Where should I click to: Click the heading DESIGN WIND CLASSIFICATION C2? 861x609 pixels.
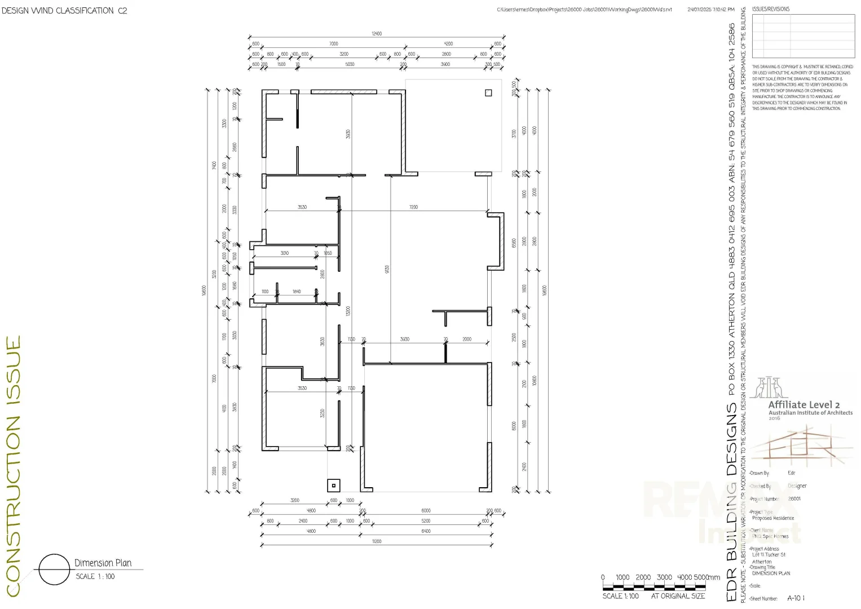(64, 10)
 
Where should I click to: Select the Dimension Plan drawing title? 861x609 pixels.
(103, 563)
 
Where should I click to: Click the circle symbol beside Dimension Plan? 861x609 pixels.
(54, 570)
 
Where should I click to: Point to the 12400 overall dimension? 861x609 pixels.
(376, 34)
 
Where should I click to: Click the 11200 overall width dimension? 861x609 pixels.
(376, 541)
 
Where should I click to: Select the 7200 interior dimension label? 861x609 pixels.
(413, 208)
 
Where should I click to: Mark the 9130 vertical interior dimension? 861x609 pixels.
(387, 270)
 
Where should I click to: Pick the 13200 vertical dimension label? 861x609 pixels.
(348, 311)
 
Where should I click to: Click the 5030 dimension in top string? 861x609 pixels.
(350, 64)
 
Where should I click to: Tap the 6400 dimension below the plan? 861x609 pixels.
(426, 531)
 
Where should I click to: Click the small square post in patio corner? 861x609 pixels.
(488, 93)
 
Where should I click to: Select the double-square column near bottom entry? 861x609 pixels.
(334, 486)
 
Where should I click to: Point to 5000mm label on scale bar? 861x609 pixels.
(707, 577)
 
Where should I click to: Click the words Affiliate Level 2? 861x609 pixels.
(803, 404)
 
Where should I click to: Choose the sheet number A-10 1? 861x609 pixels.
(796, 598)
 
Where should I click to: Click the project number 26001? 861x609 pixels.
(794, 498)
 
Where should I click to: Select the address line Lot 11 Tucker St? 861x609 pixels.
(769, 555)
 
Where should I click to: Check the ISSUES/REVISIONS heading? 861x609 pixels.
(770, 9)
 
